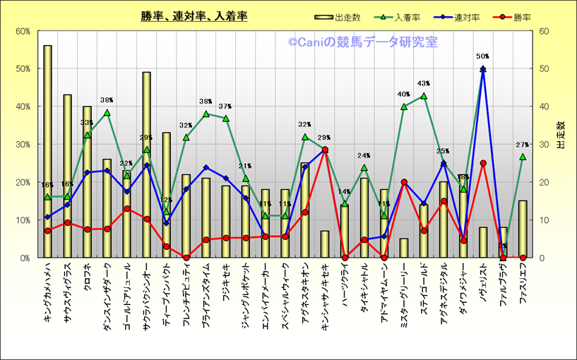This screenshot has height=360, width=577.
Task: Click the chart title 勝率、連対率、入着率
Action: [x=194, y=16]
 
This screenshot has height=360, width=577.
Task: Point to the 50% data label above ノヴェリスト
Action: [x=483, y=56]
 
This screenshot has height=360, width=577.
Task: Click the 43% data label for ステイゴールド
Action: [x=424, y=83]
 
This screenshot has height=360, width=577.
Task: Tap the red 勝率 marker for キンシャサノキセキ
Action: [x=325, y=150]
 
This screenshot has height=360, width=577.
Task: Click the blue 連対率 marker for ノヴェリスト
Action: [x=483, y=69]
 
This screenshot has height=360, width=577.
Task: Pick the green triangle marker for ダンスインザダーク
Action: [x=107, y=113]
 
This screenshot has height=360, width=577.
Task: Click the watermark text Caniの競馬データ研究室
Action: [x=362, y=42]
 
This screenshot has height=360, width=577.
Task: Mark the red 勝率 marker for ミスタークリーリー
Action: [x=404, y=182]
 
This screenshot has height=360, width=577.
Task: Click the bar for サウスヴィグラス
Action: [x=67, y=176]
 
